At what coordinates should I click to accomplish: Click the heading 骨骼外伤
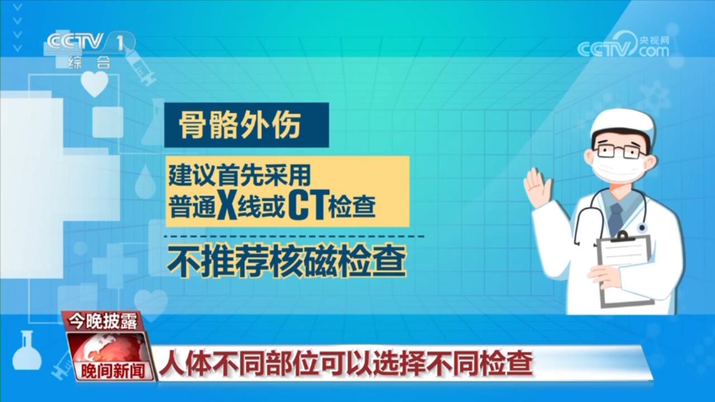click(240, 125)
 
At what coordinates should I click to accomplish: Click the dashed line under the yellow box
click(294, 236)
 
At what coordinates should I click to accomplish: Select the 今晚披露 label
click(102, 321)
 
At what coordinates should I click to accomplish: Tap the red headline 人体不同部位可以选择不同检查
click(346, 363)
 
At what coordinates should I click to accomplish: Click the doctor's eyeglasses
click(621, 151)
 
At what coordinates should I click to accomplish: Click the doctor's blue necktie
click(616, 219)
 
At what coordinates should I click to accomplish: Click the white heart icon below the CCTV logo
click(94, 84)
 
